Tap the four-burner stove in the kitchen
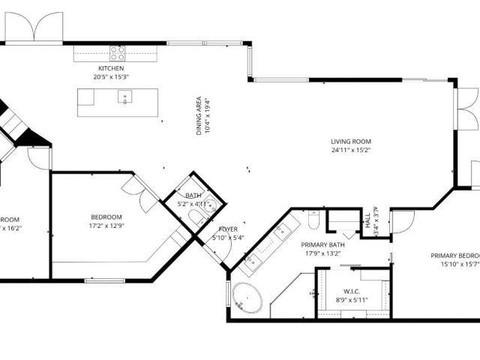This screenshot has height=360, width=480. coord(118,53)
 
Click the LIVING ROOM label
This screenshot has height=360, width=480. coord(351,141)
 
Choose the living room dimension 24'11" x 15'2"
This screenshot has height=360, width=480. coord(351,150)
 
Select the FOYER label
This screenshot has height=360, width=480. coord(228,229)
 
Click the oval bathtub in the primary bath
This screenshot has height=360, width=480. coord(245,299)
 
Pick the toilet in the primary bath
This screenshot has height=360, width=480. coord(314,218)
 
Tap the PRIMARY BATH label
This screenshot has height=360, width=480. coord(322,244)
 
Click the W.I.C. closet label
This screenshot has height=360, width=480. coord(352,292)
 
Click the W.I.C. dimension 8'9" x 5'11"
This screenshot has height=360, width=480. coord(352,300)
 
